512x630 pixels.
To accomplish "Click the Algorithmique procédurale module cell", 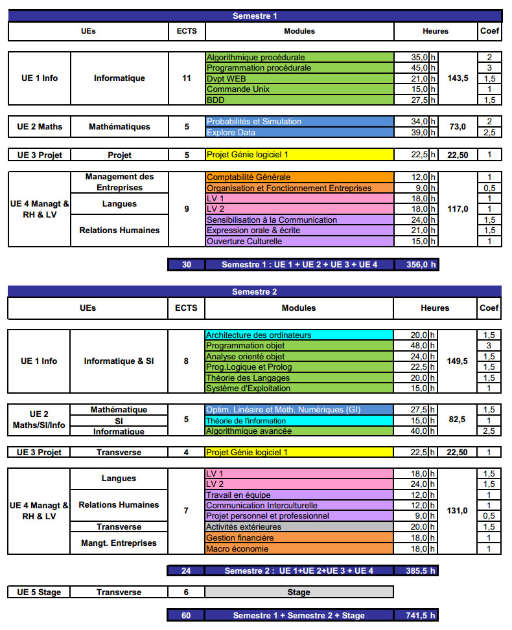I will (299, 57).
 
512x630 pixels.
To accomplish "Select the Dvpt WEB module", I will (299, 78).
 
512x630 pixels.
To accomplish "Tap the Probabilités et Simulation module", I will (299, 121).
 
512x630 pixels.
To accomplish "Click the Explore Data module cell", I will (299, 132).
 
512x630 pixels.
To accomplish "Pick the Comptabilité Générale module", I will (299, 177).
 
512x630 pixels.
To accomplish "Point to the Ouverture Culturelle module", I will (299, 242).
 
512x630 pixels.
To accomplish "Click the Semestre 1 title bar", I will (255, 16).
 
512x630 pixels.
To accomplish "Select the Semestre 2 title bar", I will (255, 291).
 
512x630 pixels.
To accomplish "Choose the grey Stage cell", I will (299, 592).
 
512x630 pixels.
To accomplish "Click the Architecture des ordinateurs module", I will (299, 335).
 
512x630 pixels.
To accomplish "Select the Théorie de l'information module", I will (299, 420).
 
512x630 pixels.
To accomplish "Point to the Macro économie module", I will (299, 549).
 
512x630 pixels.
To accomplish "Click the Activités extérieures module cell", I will (299, 527).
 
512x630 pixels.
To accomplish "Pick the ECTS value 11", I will (187, 78).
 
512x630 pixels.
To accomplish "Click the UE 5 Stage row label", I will (39, 592).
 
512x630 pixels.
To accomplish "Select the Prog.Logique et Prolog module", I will (299, 367).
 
